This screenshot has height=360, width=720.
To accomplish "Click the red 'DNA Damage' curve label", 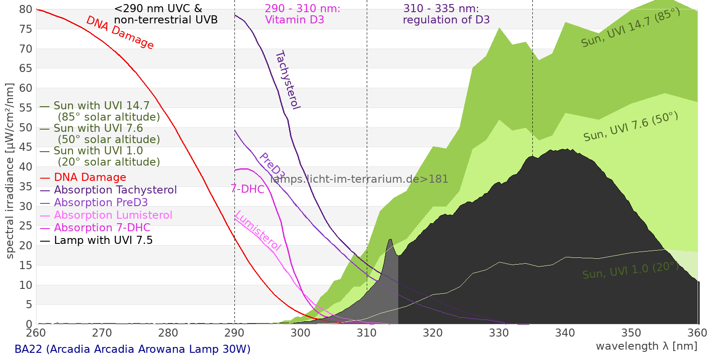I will (120, 32).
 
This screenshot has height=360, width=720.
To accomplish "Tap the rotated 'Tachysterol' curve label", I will (288, 80).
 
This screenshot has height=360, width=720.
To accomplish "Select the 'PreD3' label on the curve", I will (272, 166).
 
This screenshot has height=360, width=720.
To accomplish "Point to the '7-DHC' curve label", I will (247, 189).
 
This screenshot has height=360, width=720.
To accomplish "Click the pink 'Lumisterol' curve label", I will (258, 230).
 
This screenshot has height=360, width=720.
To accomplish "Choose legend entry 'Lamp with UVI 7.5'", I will (103, 240).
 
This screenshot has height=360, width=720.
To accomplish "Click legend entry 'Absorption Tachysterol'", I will (115, 190).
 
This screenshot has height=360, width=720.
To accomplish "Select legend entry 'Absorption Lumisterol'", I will (113, 215).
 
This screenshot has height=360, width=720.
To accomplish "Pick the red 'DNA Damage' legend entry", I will (90, 177).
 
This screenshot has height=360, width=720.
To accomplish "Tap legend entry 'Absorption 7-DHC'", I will (102, 228).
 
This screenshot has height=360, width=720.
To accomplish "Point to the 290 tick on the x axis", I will (234, 333).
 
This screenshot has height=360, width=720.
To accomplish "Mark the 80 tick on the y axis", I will (26, 9).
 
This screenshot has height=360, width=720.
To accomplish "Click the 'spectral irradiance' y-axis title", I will (9, 171).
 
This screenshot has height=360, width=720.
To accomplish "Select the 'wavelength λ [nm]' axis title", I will (647, 346).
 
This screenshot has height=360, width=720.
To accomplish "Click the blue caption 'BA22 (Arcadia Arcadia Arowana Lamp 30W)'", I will (132, 349).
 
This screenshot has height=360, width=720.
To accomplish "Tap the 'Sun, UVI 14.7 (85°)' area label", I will (630, 28).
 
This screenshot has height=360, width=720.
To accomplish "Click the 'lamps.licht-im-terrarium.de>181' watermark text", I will (359, 179).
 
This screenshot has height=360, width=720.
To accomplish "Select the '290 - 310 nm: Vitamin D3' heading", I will (302, 14).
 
